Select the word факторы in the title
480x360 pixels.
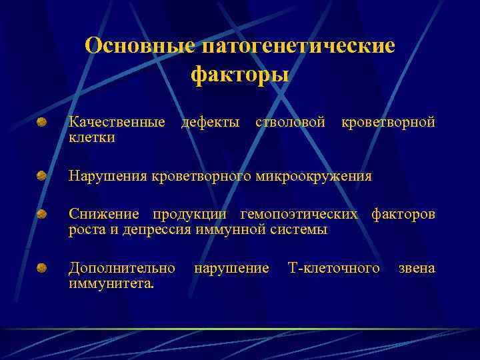(240, 74)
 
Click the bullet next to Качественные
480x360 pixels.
(42, 123)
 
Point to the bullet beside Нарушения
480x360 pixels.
(42, 176)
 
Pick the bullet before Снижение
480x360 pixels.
(42, 214)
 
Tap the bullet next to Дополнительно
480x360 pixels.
(42, 268)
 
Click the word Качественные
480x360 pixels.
(117, 123)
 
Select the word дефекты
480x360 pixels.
(211, 123)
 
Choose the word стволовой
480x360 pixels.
(290, 123)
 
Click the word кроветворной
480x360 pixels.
(388, 123)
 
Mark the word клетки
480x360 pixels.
(91, 138)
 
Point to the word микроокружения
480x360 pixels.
(314, 177)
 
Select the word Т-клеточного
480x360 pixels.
(333, 268)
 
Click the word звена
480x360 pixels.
(417, 268)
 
